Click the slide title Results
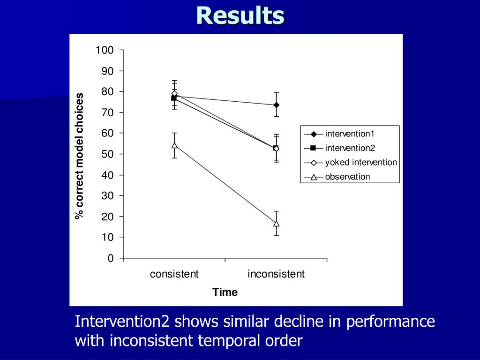click(x=240, y=15)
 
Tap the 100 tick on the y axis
click(x=105, y=50)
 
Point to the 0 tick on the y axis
click(x=110, y=258)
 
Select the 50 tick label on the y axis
click(x=107, y=154)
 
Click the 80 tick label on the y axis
click(x=107, y=92)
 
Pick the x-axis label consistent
click(x=174, y=274)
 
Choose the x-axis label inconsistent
click(x=276, y=274)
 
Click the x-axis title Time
click(x=225, y=292)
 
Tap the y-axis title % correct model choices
click(x=79, y=156)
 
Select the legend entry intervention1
click(x=350, y=134)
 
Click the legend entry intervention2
click(x=350, y=148)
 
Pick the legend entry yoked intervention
click(x=360, y=163)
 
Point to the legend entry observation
click(x=347, y=177)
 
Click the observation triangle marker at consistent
click(x=174, y=145)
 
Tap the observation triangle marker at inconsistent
click(x=277, y=224)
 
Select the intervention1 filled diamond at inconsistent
click(x=277, y=105)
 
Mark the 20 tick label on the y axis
click(x=107, y=217)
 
